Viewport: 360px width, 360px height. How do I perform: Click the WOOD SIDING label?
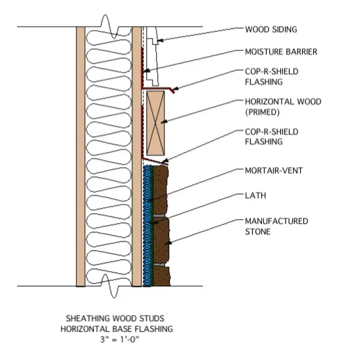[271, 30]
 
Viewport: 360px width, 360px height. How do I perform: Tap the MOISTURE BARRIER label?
[281, 51]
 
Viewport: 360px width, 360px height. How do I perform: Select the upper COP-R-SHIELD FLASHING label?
[272, 77]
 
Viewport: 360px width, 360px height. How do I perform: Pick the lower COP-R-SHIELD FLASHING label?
[272, 137]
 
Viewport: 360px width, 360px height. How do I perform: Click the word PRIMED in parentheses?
[263, 112]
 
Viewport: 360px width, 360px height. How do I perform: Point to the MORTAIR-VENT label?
[274, 170]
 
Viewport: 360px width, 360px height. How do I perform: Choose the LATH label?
[255, 195]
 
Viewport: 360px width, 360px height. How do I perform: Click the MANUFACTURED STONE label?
[276, 226]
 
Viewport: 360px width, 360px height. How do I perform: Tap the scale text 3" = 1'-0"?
[119, 340]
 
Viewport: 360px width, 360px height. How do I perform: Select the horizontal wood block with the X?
[155, 123]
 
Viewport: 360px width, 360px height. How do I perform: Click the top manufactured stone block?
[160, 190]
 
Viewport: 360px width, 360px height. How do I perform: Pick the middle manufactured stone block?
[161, 240]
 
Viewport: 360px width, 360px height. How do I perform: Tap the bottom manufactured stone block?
[161, 276]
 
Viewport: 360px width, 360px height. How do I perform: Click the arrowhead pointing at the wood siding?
[160, 41]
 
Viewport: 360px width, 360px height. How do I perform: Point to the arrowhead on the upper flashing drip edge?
[175, 89]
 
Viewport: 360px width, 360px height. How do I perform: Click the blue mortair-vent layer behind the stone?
[146, 226]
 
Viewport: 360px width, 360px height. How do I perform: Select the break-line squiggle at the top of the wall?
[109, 26]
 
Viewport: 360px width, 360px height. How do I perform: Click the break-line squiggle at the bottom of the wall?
[109, 286]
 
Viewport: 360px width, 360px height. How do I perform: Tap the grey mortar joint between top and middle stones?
[159, 216]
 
